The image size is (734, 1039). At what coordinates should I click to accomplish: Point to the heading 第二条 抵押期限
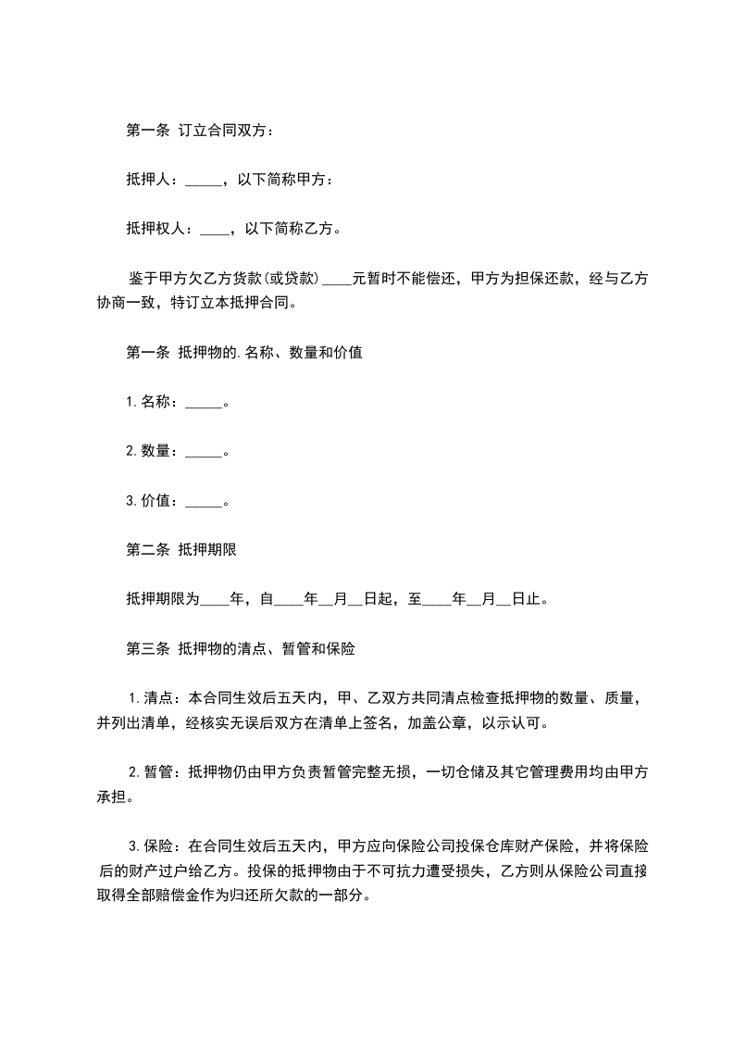(181, 550)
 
